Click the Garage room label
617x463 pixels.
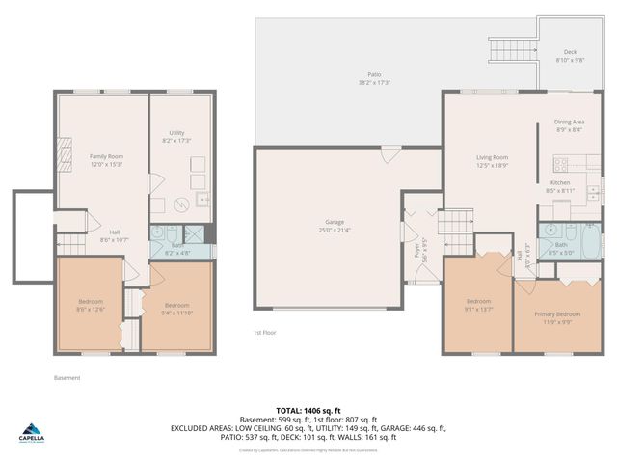click(335, 225)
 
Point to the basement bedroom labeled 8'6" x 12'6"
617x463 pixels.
click(91, 305)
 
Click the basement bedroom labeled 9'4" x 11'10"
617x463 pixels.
click(176, 309)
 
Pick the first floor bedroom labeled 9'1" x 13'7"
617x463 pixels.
click(479, 305)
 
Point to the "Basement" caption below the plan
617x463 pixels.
click(67, 377)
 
